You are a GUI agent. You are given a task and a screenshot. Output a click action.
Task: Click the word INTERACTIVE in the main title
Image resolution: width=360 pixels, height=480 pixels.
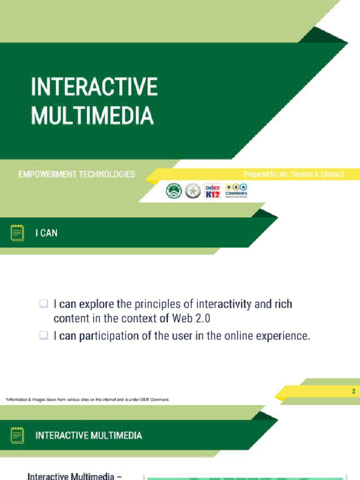pyautogui.click(x=94, y=87)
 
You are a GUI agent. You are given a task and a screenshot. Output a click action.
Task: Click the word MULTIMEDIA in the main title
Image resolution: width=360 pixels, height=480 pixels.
pyautogui.click(x=92, y=115)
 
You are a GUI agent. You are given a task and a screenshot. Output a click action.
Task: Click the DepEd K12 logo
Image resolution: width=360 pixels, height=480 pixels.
pyautogui.click(x=212, y=191)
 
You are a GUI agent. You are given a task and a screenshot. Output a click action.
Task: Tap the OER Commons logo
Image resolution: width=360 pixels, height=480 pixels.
pyautogui.click(x=237, y=190)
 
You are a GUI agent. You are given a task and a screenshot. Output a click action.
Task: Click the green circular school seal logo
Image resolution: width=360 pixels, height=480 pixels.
pyautogui.click(x=174, y=191)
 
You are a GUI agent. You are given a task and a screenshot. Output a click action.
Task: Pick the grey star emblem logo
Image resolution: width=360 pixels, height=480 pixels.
pyautogui.click(x=193, y=191)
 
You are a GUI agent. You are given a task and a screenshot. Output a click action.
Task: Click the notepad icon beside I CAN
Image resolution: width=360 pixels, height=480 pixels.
pyautogui.click(x=17, y=232)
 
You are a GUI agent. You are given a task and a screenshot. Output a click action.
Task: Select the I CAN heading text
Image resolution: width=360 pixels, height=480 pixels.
pyautogui.click(x=46, y=233)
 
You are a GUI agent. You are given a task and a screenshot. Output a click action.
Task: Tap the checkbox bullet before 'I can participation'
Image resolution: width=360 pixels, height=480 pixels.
pyautogui.click(x=44, y=336)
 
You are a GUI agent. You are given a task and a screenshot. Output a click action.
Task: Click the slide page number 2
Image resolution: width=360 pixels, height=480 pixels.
pyautogui.click(x=354, y=391)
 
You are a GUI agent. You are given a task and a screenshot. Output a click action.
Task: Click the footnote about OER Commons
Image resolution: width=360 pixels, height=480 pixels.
pyautogui.click(x=87, y=400)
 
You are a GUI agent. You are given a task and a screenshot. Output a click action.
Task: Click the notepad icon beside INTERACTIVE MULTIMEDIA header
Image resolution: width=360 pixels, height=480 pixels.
pyautogui.click(x=17, y=435)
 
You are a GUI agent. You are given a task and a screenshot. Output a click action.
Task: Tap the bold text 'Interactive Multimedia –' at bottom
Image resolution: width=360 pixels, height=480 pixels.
pyautogui.click(x=75, y=476)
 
